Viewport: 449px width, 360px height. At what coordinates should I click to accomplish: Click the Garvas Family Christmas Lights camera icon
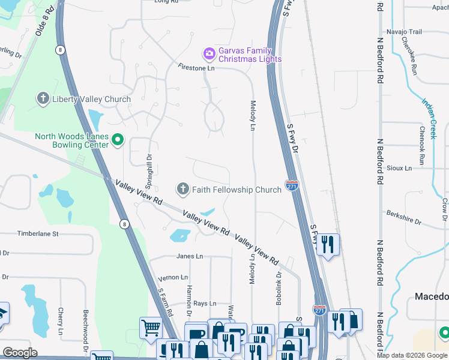pyautogui.click(x=209, y=55)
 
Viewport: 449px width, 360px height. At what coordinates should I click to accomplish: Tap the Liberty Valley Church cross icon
pyautogui.click(x=43, y=99)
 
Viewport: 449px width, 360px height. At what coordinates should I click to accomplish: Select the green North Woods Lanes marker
pyautogui.click(x=118, y=141)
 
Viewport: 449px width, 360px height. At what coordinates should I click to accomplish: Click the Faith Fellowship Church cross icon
pyautogui.click(x=183, y=190)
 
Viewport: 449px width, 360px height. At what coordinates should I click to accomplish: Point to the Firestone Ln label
pyautogui.click(x=196, y=68)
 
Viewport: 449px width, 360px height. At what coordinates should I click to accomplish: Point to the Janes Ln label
pyautogui.click(x=190, y=256)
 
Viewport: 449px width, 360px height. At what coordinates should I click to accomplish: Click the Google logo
pyautogui.click(x=20, y=353)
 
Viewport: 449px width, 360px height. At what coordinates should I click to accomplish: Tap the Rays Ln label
pyautogui.click(x=205, y=304)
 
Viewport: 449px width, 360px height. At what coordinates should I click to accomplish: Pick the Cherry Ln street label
pyautogui.click(x=61, y=321)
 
